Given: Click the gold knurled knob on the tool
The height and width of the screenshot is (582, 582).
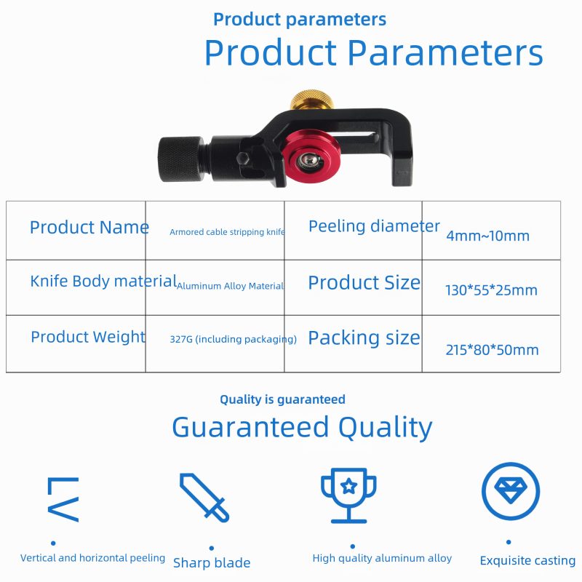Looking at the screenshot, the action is click(x=311, y=99).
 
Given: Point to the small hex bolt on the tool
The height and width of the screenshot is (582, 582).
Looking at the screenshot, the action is click(x=243, y=158).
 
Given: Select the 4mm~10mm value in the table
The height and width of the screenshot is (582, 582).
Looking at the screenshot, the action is click(x=487, y=236).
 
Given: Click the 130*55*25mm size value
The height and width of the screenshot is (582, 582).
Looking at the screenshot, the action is click(x=492, y=290).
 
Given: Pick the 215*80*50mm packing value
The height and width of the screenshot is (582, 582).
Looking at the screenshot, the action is click(x=493, y=350).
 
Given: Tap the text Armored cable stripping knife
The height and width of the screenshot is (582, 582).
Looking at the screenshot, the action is click(x=227, y=232).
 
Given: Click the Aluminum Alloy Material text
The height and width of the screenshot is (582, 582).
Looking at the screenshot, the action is click(x=230, y=286).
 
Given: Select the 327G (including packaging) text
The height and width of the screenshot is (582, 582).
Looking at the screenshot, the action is click(x=233, y=339).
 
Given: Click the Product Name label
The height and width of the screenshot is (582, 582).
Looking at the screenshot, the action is click(x=89, y=227).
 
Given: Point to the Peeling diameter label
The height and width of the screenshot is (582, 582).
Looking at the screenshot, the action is click(x=374, y=226).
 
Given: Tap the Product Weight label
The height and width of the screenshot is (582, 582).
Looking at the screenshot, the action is click(x=88, y=337).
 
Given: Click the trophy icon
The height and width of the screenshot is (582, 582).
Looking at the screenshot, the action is click(x=348, y=495).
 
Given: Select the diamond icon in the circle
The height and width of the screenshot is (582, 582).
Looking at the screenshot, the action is click(x=511, y=490).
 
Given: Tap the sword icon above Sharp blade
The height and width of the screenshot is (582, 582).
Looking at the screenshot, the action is click(x=204, y=498).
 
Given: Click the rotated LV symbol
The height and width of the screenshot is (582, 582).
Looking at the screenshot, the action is click(x=63, y=499).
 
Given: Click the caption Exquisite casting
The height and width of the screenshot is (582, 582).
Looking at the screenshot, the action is click(x=527, y=560).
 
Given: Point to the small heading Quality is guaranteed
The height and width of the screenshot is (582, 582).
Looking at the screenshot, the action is click(x=282, y=399).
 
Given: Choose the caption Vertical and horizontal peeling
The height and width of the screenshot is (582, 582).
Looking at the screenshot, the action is click(x=93, y=558).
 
